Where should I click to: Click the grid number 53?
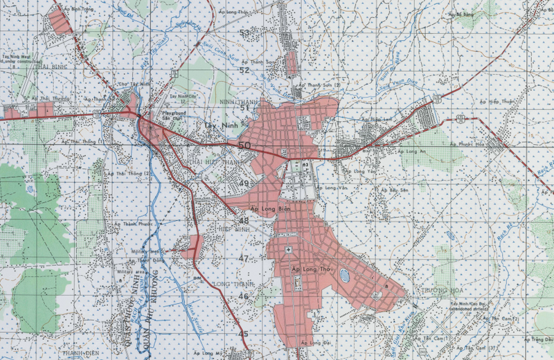pos(244,33)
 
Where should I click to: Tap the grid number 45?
pos(243,334)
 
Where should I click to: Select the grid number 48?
pos(244,221)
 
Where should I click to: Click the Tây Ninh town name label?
pos(221,126)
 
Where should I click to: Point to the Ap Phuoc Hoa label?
pos(465,144)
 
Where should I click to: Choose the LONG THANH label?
pos(229,284)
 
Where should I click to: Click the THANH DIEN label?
pos(79,353)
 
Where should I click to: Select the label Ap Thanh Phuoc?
pos(136,224)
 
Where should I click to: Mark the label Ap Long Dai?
pos(314,342)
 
